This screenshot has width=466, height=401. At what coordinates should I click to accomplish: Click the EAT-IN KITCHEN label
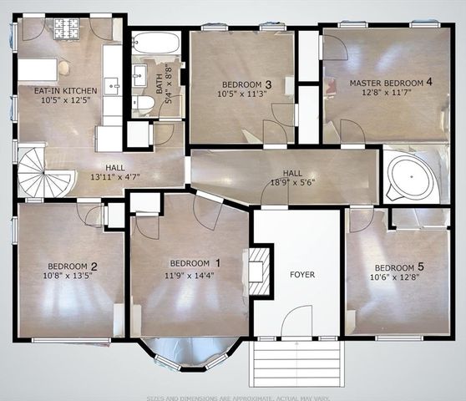[65, 90]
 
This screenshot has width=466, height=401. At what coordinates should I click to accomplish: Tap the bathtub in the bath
[155, 43]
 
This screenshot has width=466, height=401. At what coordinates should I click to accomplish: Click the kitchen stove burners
[66, 28]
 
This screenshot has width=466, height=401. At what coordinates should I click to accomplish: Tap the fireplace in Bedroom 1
[261, 270]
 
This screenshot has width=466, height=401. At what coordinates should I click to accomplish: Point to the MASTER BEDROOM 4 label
[391, 83]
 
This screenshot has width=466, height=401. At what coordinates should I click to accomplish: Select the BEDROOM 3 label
[246, 84]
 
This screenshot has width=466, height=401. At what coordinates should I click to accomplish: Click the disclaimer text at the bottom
[232, 396]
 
